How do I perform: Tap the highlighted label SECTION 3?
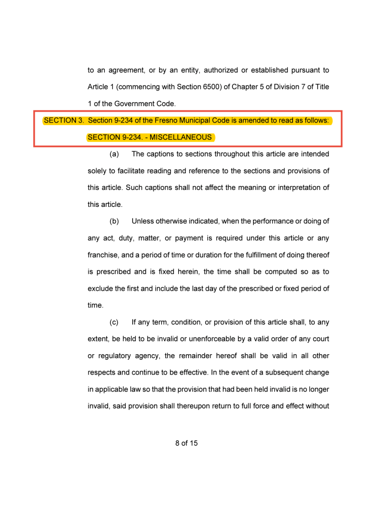[64, 121]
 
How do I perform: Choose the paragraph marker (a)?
[114, 154]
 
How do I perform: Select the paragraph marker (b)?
[114, 221]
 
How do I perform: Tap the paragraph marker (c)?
[114, 322]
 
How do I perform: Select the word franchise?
[104, 255]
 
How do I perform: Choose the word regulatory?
[115, 356]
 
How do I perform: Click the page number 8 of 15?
[186, 443]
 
